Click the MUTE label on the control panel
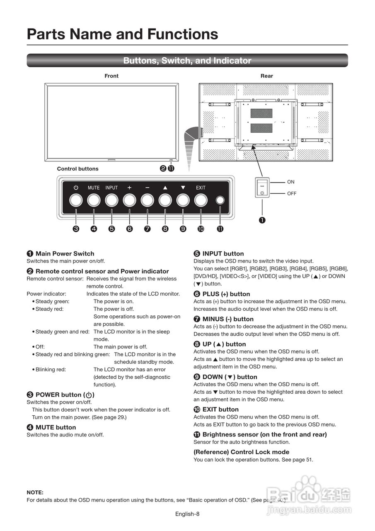[94, 188]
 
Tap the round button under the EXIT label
[201, 200]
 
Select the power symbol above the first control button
[76, 188]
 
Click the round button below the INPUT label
[111, 200]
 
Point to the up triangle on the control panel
[165, 188]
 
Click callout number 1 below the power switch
[262, 220]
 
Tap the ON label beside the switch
[291, 182]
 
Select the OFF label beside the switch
[292, 193]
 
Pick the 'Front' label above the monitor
[111, 76]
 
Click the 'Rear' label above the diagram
[267, 76]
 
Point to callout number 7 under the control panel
[147, 229]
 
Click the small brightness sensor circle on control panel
[220, 200]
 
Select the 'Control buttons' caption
[78, 169]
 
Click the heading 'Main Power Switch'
[65, 253]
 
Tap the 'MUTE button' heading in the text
[56, 427]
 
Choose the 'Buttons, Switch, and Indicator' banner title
[187, 61]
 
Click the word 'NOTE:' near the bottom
[35, 492]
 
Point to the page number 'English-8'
[187, 514]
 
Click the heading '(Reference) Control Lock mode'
[241, 452]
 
